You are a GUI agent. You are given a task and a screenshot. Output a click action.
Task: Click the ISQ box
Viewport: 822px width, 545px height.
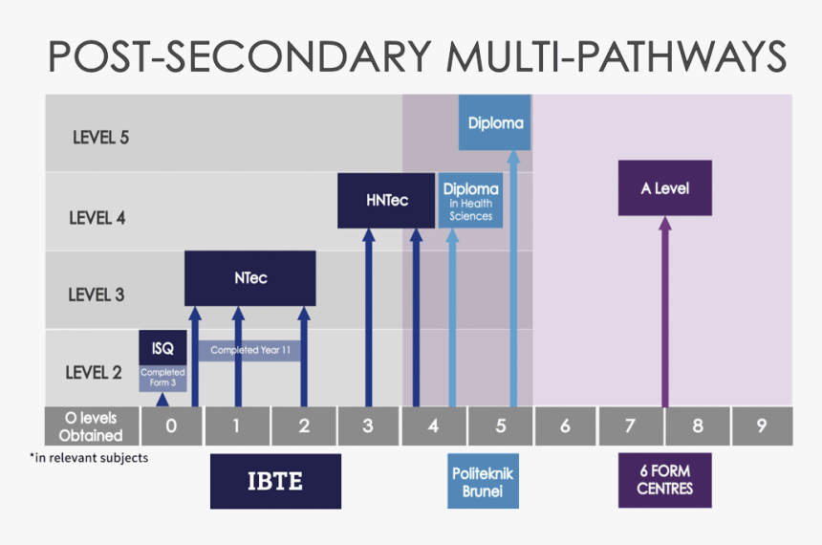[x=162, y=348]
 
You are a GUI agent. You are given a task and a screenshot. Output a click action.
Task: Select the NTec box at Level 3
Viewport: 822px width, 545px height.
[x=250, y=278]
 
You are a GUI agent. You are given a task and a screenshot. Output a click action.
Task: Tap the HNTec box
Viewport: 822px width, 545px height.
[x=386, y=201]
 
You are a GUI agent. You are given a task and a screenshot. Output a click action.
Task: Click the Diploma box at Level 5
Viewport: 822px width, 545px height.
[x=495, y=122]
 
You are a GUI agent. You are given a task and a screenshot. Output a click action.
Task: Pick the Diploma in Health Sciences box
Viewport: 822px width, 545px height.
[x=470, y=201]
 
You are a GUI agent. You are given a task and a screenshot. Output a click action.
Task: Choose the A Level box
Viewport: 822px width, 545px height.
[x=665, y=187]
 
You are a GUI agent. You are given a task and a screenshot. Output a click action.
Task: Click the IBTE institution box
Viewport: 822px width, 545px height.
[x=275, y=481]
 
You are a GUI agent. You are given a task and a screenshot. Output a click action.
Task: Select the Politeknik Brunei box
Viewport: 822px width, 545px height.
[x=477, y=481]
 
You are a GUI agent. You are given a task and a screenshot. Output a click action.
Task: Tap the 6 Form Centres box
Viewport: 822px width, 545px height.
[x=665, y=481]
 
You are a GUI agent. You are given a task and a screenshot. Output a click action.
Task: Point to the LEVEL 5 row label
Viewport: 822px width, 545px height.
[x=100, y=137]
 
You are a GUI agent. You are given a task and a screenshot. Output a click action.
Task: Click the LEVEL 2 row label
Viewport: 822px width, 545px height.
[x=94, y=372]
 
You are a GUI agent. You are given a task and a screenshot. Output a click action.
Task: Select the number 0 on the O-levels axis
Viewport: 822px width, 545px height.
[x=171, y=426]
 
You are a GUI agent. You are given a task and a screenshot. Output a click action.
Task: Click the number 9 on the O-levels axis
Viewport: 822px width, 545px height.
[x=762, y=426]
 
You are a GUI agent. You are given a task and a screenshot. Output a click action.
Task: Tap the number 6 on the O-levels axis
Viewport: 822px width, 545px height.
[x=565, y=426]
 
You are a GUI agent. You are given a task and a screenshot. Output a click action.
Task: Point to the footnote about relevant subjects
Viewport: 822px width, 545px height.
[x=88, y=457]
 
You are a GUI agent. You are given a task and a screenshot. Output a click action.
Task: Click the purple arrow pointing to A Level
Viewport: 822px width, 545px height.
[x=665, y=316]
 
